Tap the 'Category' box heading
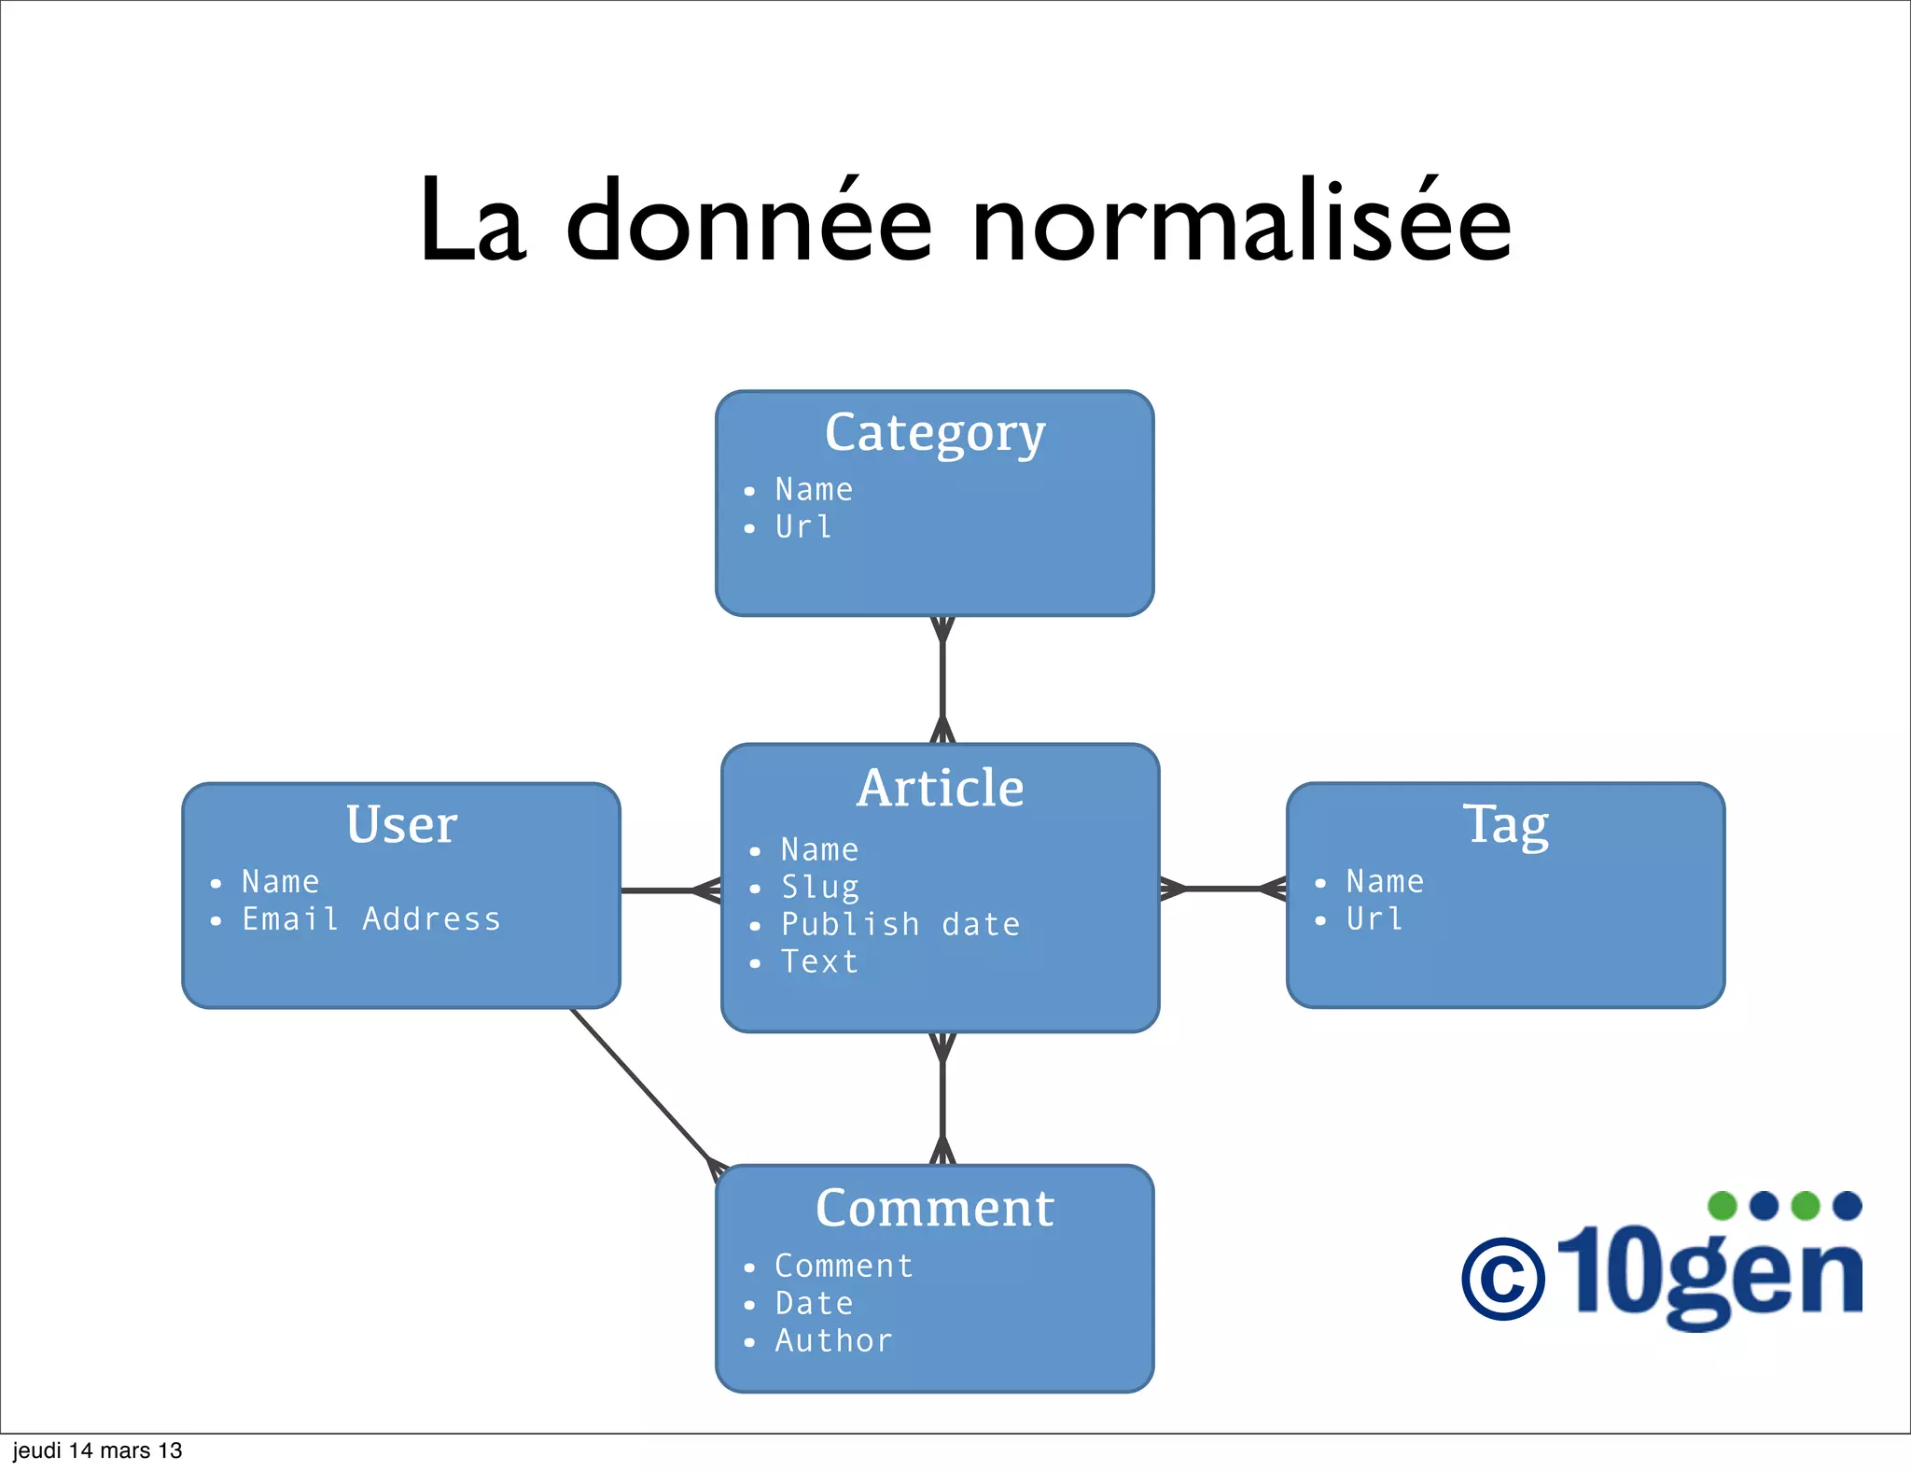click(x=935, y=433)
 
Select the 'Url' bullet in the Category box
click(x=803, y=527)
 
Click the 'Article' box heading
click(x=941, y=788)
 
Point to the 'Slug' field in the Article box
click(x=820, y=887)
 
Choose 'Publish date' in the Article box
click(x=900, y=924)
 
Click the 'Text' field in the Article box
click(x=819, y=961)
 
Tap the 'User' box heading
click(x=401, y=824)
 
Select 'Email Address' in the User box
click(x=371, y=919)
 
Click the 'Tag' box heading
click(x=1505, y=824)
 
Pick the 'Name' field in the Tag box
click(x=1385, y=881)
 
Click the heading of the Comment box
click(x=935, y=1208)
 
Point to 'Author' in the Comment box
click(x=834, y=1340)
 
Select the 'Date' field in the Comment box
click(x=815, y=1303)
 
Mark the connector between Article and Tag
click(x=1222, y=889)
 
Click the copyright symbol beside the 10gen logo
click(x=1502, y=1278)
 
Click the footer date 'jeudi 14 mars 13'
click(x=98, y=1450)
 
